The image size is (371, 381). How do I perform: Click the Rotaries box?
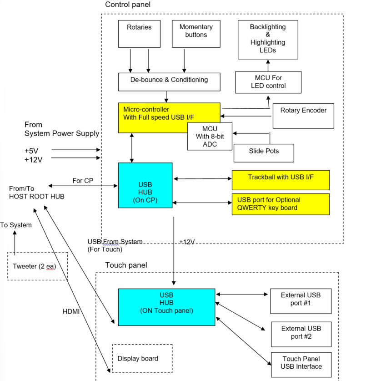point(139,32)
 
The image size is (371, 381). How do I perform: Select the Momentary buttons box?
point(196,32)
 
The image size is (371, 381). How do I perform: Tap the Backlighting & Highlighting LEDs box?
point(268,39)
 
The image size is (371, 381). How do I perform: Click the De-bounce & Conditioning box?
point(169,81)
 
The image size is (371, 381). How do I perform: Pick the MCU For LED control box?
point(268,82)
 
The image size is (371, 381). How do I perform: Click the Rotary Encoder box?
point(303,116)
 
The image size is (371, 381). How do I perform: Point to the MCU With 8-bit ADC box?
point(210,137)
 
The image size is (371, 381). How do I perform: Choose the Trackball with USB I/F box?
point(281,180)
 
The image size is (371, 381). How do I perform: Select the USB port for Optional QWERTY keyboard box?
point(281,204)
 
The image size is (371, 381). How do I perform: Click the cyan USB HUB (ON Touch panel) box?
point(166,307)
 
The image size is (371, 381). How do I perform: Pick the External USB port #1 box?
point(301,301)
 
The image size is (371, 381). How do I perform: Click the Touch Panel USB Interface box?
point(301,365)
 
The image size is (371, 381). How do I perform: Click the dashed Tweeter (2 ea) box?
point(37,266)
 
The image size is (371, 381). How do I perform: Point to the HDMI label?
point(71,312)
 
